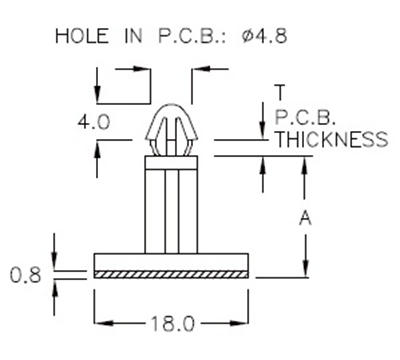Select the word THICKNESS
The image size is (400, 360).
coord(330,140)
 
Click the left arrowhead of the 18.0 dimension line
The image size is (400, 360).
coord(100,324)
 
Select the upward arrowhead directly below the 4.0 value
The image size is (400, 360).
coord(97,148)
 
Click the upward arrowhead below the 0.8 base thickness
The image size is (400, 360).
coord(55,285)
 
